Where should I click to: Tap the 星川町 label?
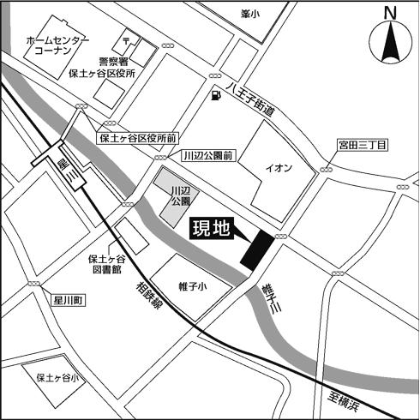(64, 301)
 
